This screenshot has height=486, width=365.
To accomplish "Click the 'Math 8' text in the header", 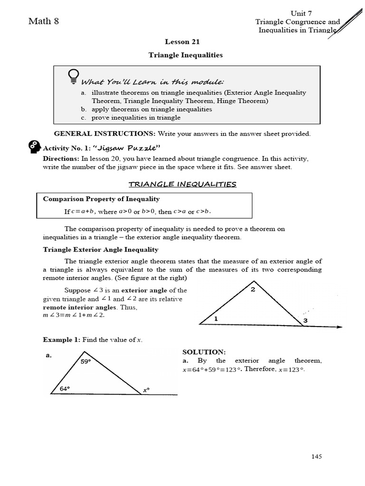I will tap(44, 21).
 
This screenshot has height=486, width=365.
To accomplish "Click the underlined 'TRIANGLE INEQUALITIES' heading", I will tap(182, 184).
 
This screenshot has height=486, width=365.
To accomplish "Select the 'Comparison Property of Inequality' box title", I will tap(101, 199).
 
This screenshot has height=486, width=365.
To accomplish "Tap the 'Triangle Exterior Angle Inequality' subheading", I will tap(101, 250).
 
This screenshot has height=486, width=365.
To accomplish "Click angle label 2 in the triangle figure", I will tap(253, 290).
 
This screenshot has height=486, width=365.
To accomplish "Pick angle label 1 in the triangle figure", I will tap(216, 319).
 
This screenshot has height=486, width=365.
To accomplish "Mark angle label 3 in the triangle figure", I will tap(306, 321).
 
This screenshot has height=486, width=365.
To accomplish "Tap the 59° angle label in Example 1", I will tap(86, 361).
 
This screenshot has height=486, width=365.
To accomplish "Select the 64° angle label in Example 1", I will tap(65, 388).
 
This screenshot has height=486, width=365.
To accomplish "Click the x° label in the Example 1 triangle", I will tap(146, 390).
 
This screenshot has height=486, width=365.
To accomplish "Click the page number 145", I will tap(317, 457).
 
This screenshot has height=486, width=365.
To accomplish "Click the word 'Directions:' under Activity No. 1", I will tap(61, 159).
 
